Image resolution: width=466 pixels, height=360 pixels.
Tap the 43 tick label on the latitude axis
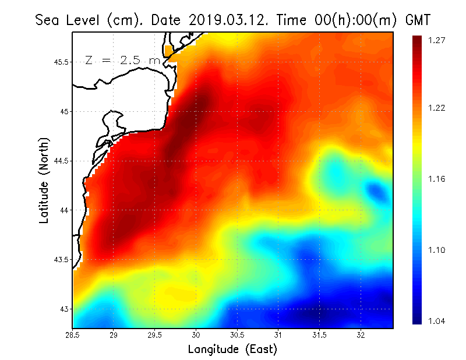[x=65, y=309]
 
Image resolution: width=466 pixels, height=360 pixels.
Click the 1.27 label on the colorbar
[x=436, y=41]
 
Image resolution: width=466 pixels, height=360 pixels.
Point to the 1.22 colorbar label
[x=436, y=108]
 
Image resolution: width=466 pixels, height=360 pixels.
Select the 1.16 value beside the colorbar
[x=436, y=179]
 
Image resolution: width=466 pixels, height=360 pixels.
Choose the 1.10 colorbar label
[x=436, y=250]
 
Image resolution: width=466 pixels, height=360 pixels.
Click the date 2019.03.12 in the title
[x=227, y=20]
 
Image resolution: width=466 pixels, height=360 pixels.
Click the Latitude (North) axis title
[x=44, y=181]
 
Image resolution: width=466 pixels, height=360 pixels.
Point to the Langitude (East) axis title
[x=232, y=350]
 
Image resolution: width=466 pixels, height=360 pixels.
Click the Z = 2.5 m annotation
[x=122, y=61]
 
